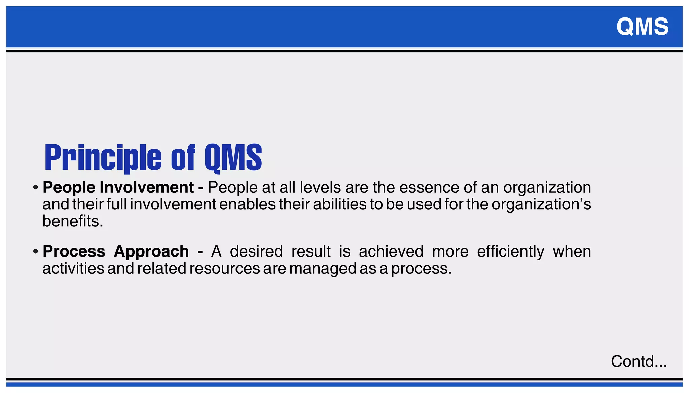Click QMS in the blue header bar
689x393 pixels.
(642, 27)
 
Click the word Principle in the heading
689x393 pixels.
(103, 157)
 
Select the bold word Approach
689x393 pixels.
(151, 251)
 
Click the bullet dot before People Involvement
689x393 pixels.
(35, 188)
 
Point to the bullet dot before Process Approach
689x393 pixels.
(35, 252)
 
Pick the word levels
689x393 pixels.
(320, 187)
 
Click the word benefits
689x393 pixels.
(73, 221)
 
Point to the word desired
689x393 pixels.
(256, 251)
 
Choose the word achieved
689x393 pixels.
(391, 251)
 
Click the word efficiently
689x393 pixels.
(510, 251)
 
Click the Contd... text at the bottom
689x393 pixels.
(639, 362)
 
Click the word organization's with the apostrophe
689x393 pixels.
(541, 204)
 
